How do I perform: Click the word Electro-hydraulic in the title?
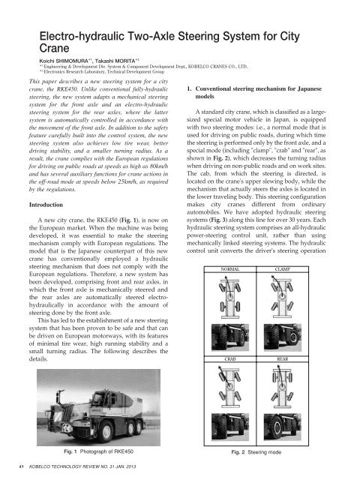pos(82,34)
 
